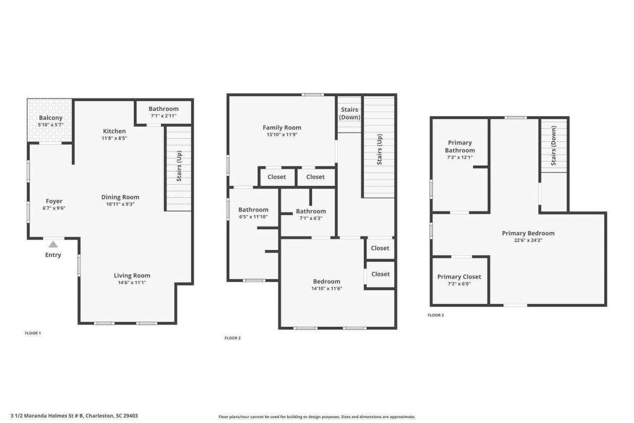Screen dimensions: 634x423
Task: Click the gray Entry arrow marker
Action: click(53, 244)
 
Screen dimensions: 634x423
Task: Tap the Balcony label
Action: click(51, 118)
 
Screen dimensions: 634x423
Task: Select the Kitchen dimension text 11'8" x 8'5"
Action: click(114, 138)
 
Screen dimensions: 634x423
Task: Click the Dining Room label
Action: click(120, 197)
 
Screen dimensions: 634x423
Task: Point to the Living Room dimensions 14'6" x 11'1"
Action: click(132, 283)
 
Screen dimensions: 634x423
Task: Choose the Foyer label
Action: click(54, 201)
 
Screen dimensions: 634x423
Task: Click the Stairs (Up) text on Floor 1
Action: click(179, 166)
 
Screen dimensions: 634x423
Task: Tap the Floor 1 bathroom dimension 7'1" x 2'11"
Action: click(163, 116)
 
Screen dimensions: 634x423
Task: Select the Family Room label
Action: click(282, 127)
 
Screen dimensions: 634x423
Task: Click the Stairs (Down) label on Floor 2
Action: click(350, 114)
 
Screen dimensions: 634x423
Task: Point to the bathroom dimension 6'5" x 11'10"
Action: click(253, 217)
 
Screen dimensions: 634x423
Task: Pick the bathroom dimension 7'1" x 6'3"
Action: click(311, 218)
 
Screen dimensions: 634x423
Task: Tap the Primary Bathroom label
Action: click(460, 146)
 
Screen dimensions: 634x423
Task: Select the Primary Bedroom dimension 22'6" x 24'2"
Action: click(528, 240)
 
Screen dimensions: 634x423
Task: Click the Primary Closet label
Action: click(459, 277)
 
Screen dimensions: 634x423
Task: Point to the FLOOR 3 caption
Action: click(435, 315)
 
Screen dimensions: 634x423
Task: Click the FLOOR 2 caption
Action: click(232, 338)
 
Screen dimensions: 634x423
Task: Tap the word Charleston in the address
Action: click(99, 416)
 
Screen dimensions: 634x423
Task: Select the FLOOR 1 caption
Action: click(33, 333)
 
